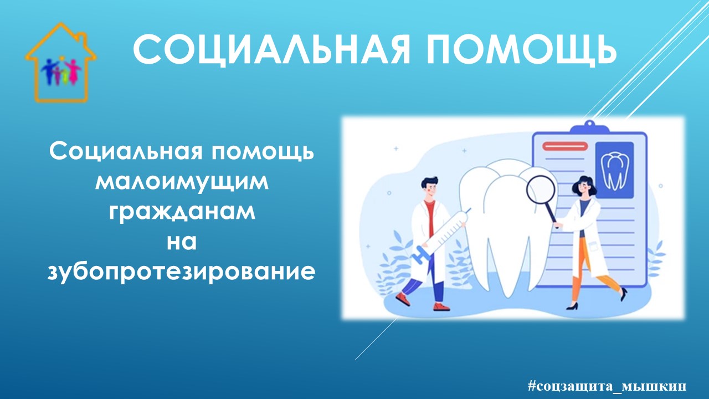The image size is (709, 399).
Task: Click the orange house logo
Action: (60, 63)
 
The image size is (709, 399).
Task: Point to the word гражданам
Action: (182, 213)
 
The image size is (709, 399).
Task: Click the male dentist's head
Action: (429, 188)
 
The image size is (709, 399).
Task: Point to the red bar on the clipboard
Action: (565, 146)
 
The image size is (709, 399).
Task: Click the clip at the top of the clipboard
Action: (589, 127)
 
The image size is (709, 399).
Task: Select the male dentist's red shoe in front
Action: (441, 306)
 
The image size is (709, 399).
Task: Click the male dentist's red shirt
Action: (429, 216)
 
